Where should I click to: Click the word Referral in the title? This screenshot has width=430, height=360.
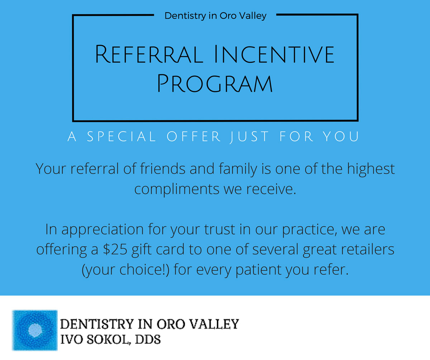[149, 54]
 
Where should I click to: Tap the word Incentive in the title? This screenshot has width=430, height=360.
[274, 54]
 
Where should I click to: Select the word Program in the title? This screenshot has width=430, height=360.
[215, 84]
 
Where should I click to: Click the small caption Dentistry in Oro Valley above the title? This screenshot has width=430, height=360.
[215, 16]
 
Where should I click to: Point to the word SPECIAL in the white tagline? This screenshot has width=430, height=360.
[121, 136]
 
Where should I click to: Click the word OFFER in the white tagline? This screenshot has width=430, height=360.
[193, 136]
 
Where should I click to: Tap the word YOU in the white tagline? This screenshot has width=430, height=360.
[341, 136]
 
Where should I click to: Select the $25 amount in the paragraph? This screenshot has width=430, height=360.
[115, 249]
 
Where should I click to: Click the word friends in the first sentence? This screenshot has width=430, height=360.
[163, 169]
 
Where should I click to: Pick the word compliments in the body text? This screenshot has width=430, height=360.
[177, 189]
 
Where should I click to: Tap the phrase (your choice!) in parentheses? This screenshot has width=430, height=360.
[125, 270]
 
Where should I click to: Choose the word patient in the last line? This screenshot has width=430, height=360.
[258, 270]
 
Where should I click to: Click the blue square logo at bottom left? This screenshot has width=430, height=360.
[35, 330]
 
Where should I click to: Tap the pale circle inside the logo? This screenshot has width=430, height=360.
[35, 330]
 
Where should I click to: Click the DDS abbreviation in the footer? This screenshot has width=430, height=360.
[148, 340]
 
